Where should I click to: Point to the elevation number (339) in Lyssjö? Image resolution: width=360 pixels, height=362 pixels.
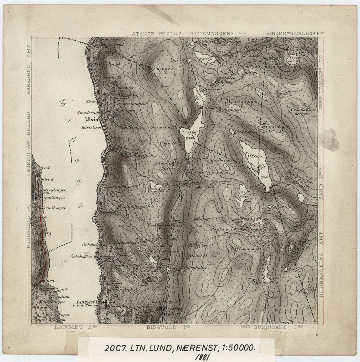189,138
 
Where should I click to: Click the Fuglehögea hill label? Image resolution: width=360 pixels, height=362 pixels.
276,127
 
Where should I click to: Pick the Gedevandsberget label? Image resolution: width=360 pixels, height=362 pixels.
303,112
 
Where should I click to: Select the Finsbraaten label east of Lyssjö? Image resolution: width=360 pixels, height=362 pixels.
222,160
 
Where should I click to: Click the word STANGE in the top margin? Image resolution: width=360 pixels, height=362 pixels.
144,34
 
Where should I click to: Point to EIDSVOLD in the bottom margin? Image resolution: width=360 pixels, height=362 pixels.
161,327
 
